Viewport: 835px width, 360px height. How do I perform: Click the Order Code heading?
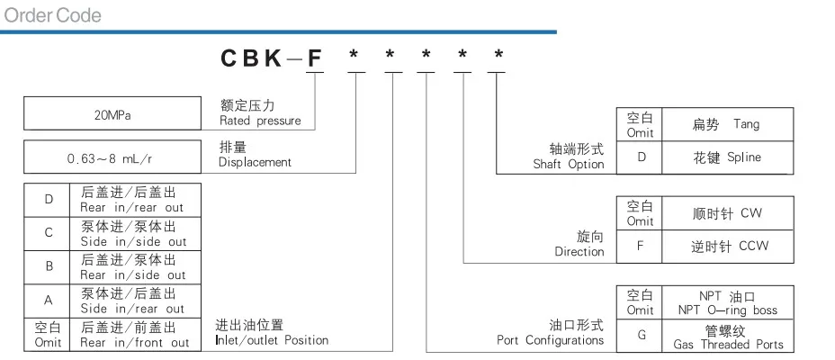[x=53, y=15]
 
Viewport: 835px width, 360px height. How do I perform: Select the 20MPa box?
[x=111, y=115]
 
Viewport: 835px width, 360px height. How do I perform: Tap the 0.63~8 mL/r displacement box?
[x=111, y=157]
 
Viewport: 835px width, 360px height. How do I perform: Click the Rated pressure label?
[x=260, y=113]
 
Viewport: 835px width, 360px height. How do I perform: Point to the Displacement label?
[x=255, y=155]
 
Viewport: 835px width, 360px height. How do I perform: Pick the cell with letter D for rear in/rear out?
[x=48, y=199]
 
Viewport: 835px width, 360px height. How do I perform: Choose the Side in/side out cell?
[x=135, y=233]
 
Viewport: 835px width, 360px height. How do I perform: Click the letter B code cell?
[x=48, y=267]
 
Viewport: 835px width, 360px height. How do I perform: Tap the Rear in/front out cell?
[x=135, y=335]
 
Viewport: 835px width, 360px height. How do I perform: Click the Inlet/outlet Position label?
[x=272, y=333]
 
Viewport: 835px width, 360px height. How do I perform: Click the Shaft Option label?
[x=568, y=157]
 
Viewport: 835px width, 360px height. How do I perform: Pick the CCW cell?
[x=726, y=246]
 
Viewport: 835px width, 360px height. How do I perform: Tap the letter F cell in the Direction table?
[x=640, y=246]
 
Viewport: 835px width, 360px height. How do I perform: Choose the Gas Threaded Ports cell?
[x=726, y=337]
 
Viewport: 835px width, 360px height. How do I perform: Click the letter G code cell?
[x=640, y=337]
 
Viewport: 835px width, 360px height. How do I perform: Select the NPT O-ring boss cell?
[x=726, y=303]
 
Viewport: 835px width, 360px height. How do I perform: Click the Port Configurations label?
[x=551, y=333]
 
